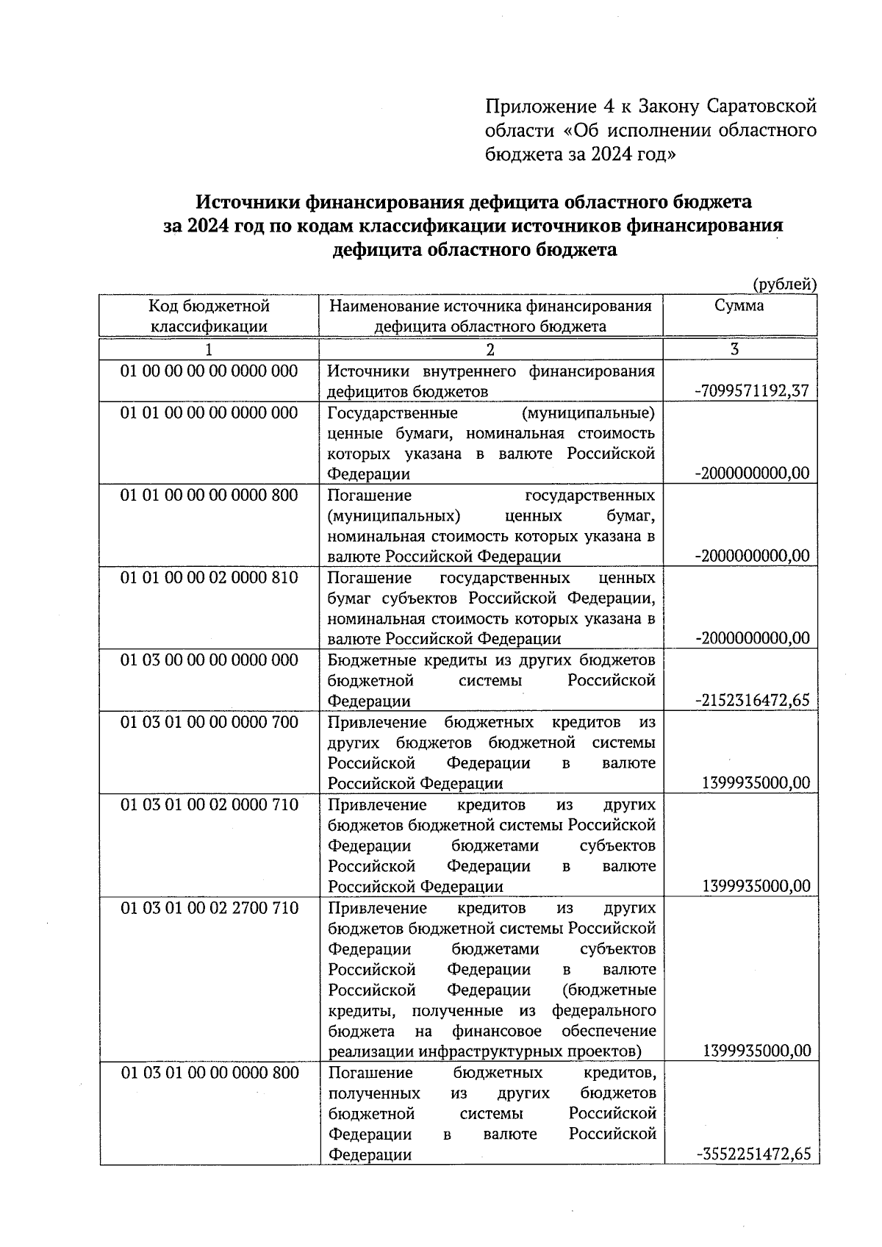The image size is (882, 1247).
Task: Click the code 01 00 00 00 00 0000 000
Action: tap(209, 371)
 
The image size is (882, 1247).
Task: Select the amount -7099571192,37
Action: tap(752, 391)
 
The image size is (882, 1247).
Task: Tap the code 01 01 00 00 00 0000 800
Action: tap(209, 495)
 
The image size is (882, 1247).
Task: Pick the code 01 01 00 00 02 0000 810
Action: tap(209, 577)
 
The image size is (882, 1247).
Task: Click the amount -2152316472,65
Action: tap(752, 700)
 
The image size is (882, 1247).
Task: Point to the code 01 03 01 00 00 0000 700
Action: tap(209, 722)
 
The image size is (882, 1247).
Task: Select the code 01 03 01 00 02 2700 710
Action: tap(209, 908)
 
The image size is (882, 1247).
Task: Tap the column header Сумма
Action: tap(739, 306)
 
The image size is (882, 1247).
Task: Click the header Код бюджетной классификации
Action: tap(209, 316)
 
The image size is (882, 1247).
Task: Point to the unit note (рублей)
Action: tap(784, 284)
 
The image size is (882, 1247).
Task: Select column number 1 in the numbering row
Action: tap(209, 349)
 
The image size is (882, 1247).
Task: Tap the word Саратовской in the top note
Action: tap(761, 107)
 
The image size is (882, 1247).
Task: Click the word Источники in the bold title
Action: tap(248, 201)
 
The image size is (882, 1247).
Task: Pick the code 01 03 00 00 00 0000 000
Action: tap(209, 660)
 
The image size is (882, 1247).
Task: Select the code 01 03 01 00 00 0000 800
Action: tap(209, 1073)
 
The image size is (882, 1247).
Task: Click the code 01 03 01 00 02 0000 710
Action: tap(209, 804)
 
